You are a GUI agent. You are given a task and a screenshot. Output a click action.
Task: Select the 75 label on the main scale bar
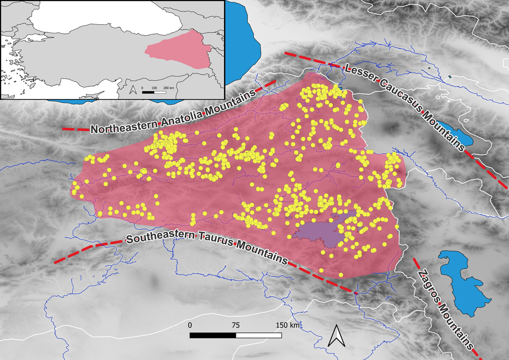[236, 325]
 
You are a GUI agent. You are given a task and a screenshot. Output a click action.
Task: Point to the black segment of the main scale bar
[213, 335]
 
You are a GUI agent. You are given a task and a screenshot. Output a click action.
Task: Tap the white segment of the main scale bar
[259, 335]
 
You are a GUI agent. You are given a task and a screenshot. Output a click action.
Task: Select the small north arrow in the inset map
[133, 90]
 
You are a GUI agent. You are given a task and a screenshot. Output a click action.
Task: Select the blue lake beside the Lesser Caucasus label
[452, 133]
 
